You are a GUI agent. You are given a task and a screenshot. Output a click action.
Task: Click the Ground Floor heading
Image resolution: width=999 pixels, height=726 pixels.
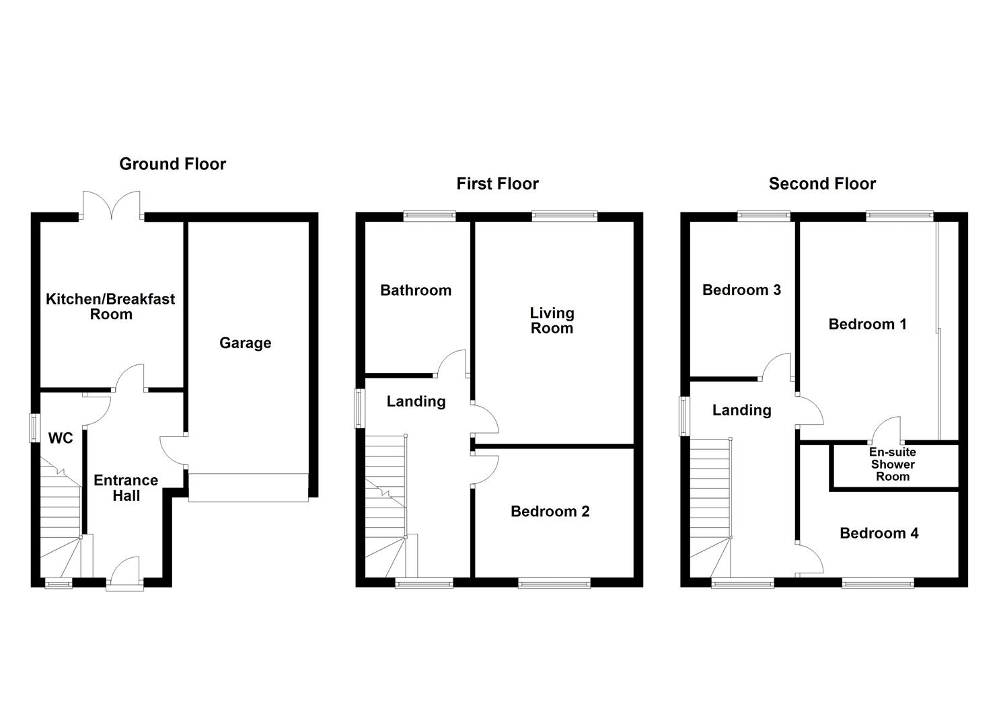pos(172,164)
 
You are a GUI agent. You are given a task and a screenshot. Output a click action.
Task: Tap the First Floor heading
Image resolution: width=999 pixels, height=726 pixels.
pos(497,184)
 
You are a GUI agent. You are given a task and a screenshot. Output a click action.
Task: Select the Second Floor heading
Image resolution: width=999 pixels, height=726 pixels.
pos(822,184)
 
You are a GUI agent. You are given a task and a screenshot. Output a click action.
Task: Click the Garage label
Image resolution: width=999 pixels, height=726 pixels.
pos(245,343)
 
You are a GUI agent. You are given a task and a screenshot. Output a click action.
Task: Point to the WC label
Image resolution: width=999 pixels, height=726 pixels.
pos(61,438)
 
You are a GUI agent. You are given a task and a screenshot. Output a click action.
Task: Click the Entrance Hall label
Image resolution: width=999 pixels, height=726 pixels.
pos(126,488)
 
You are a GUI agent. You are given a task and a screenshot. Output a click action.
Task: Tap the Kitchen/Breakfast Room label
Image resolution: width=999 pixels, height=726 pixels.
pos(110,307)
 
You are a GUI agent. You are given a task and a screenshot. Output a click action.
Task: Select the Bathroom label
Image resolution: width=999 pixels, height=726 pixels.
pos(415,290)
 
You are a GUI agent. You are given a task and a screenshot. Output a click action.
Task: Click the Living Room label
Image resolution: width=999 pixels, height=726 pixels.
pos(552,321)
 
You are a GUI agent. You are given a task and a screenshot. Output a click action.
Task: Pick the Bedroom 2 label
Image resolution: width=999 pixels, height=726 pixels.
pos(550,512)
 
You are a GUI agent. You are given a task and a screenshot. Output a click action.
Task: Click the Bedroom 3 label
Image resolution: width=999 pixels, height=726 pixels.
pos(741,290)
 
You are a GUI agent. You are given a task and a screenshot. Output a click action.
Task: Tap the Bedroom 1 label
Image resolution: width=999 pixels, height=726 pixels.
pos(867,324)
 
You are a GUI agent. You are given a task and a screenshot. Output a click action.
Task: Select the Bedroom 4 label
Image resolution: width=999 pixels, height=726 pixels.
pos(879,533)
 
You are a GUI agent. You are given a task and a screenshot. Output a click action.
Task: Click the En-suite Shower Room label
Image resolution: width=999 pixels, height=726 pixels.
pos(892,465)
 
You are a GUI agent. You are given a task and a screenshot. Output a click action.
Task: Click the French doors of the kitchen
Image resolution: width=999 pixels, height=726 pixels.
pos(112,204)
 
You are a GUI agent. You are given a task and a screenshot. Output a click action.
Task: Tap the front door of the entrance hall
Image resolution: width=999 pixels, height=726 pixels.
pos(125,573)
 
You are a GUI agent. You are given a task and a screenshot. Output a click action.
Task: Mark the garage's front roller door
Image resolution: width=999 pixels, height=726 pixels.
pos(248,487)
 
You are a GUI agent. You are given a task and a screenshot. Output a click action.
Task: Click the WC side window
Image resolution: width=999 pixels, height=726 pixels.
pos(34,428)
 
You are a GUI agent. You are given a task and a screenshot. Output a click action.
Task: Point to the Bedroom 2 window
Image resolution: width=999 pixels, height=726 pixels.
pos(554,583)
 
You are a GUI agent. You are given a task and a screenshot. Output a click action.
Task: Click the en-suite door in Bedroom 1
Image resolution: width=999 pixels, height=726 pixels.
pos(887,430)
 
